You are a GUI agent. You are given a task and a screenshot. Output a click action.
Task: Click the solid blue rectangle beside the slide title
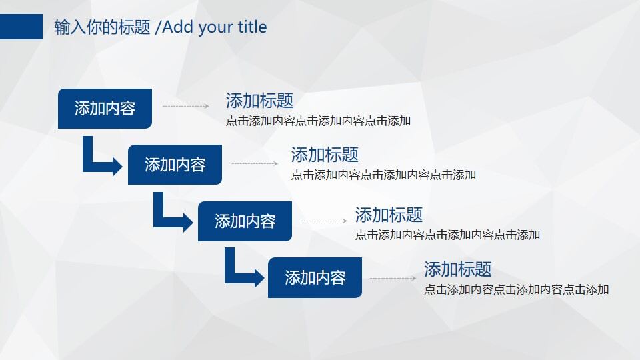21,27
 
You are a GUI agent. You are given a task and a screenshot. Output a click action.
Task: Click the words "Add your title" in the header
214,27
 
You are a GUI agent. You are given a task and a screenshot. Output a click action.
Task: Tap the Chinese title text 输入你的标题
102,27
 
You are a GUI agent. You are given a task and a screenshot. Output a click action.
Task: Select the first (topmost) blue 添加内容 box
105,109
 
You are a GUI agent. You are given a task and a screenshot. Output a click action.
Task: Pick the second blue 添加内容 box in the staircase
175,165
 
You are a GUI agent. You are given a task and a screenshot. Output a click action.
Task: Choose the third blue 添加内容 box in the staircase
245,221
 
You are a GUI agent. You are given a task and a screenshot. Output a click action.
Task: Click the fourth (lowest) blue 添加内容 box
315,277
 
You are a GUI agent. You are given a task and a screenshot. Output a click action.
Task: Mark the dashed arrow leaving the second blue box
255,163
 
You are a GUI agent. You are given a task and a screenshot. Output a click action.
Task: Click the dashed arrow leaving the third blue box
324,221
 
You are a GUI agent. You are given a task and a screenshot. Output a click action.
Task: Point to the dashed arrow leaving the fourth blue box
393,278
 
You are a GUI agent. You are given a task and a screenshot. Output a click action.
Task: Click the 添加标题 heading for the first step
259,101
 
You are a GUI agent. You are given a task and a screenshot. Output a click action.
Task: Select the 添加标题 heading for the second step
325,155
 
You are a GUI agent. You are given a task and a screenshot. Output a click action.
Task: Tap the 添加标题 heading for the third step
389,215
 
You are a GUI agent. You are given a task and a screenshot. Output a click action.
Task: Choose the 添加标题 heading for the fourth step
458,270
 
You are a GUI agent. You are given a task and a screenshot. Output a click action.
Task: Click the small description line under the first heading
318,121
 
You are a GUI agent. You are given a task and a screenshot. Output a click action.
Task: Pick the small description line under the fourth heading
516,290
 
